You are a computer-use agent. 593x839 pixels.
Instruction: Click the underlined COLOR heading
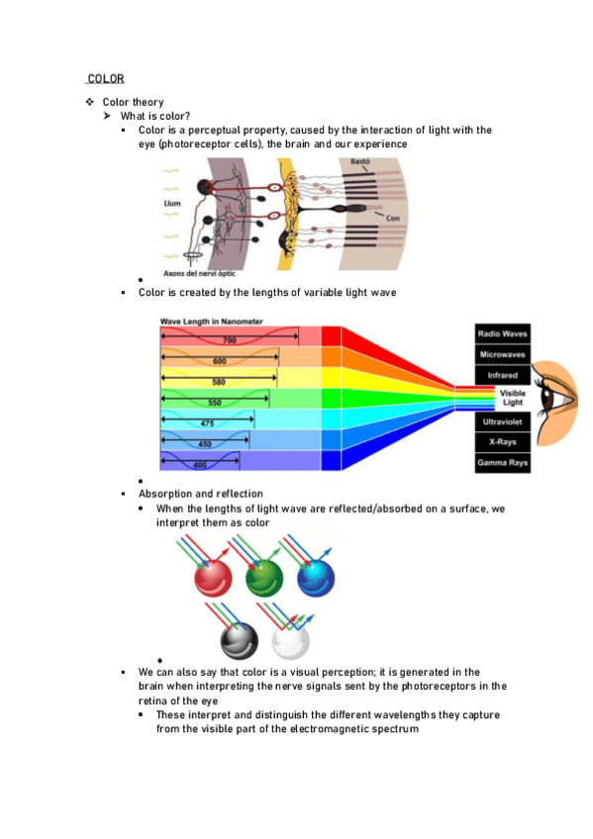pos(105,79)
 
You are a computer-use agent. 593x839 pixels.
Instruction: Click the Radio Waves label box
pos(503,333)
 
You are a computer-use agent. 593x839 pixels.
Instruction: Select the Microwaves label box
pos(503,354)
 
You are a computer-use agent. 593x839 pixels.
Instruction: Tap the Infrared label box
pos(503,376)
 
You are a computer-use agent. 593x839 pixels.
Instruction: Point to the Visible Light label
pos(512,399)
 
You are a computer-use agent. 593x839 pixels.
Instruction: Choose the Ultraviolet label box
pos(503,421)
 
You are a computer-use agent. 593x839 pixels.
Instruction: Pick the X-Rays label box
pos(503,442)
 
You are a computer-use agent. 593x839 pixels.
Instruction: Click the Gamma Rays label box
pos(503,463)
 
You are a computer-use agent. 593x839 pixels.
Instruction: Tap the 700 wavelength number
pos(230,341)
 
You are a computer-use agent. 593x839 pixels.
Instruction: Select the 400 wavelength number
pos(201,464)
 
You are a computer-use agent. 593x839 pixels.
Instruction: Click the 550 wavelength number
pos(215,403)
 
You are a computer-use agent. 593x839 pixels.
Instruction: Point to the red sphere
pos(214,577)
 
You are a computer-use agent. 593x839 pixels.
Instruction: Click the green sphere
pos(264,577)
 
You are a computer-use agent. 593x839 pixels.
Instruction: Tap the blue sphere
pos(316,577)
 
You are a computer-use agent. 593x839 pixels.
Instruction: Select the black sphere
pos(239,639)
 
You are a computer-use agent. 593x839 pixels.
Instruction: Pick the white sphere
pos(290,639)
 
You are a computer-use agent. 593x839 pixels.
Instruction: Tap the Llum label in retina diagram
pos(174,204)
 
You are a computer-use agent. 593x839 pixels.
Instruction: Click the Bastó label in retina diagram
pos(359,161)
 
